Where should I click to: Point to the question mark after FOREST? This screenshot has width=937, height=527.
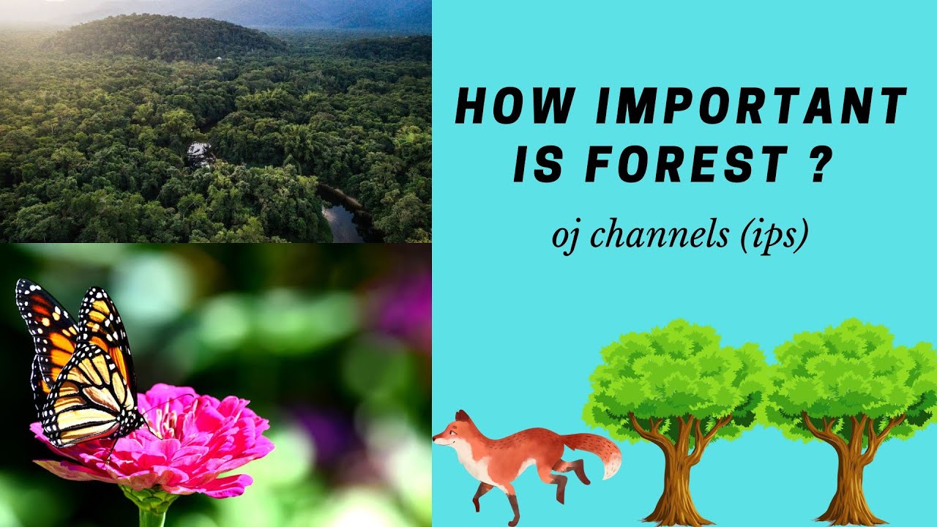[821, 164]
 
